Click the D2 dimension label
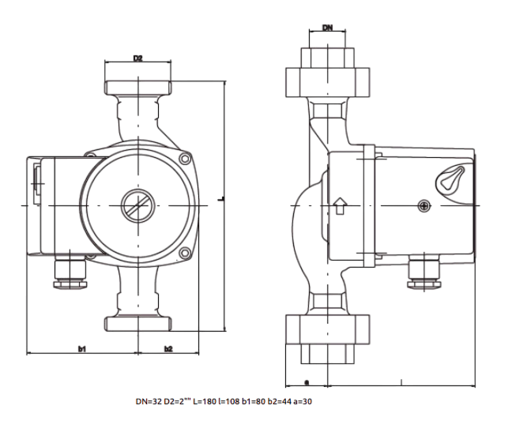click(137, 58)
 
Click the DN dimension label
click(328, 28)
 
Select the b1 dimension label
click(81, 348)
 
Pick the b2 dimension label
click(168, 348)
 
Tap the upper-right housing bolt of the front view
click(186, 159)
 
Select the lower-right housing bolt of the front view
click(185, 253)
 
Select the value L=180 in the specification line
click(205, 401)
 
